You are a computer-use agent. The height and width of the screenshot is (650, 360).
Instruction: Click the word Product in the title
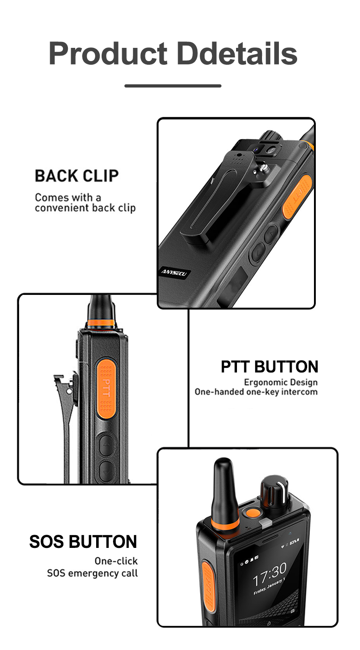[x=108, y=54]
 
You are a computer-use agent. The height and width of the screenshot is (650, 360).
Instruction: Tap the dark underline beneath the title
[x=173, y=86]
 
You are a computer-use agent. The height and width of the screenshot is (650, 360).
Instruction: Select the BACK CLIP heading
[x=77, y=176]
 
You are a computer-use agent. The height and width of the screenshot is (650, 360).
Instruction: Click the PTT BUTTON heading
[x=269, y=366]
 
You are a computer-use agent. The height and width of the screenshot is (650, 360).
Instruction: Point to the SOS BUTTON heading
[x=83, y=542]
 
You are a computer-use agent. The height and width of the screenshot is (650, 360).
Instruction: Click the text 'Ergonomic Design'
[x=281, y=382]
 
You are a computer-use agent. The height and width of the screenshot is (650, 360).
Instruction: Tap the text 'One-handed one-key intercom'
[x=256, y=392]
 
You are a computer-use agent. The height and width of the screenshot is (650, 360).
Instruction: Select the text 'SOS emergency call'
[x=93, y=573]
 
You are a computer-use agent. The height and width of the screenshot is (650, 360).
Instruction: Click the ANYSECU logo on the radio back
[x=174, y=273]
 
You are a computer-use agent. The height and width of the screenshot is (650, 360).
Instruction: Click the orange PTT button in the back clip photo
[x=297, y=198]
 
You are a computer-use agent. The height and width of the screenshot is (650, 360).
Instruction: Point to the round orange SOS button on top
[x=253, y=513]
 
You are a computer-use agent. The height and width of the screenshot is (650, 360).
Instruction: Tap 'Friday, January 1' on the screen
[x=269, y=586]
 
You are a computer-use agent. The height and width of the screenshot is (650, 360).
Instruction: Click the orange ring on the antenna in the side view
[x=101, y=323]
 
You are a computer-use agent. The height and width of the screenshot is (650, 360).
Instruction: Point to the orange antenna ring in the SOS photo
[x=226, y=523]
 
